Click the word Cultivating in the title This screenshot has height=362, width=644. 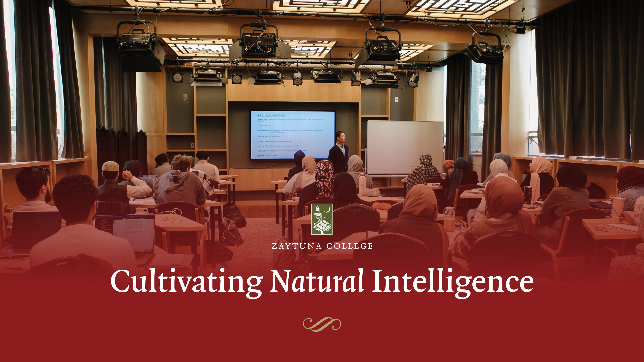[x=186, y=281]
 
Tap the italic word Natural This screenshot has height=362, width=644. [x=317, y=281]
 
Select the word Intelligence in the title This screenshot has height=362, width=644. [x=452, y=281]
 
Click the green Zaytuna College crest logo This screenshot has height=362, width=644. [x=322, y=219]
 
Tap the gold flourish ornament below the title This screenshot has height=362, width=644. [x=322, y=324]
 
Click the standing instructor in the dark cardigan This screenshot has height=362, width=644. [x=339, y=152]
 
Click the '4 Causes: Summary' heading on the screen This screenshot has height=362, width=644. [x=271, y=115]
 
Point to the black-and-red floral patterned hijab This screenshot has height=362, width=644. [x=325, y=179]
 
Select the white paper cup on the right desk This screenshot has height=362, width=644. [x=618, y=209]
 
